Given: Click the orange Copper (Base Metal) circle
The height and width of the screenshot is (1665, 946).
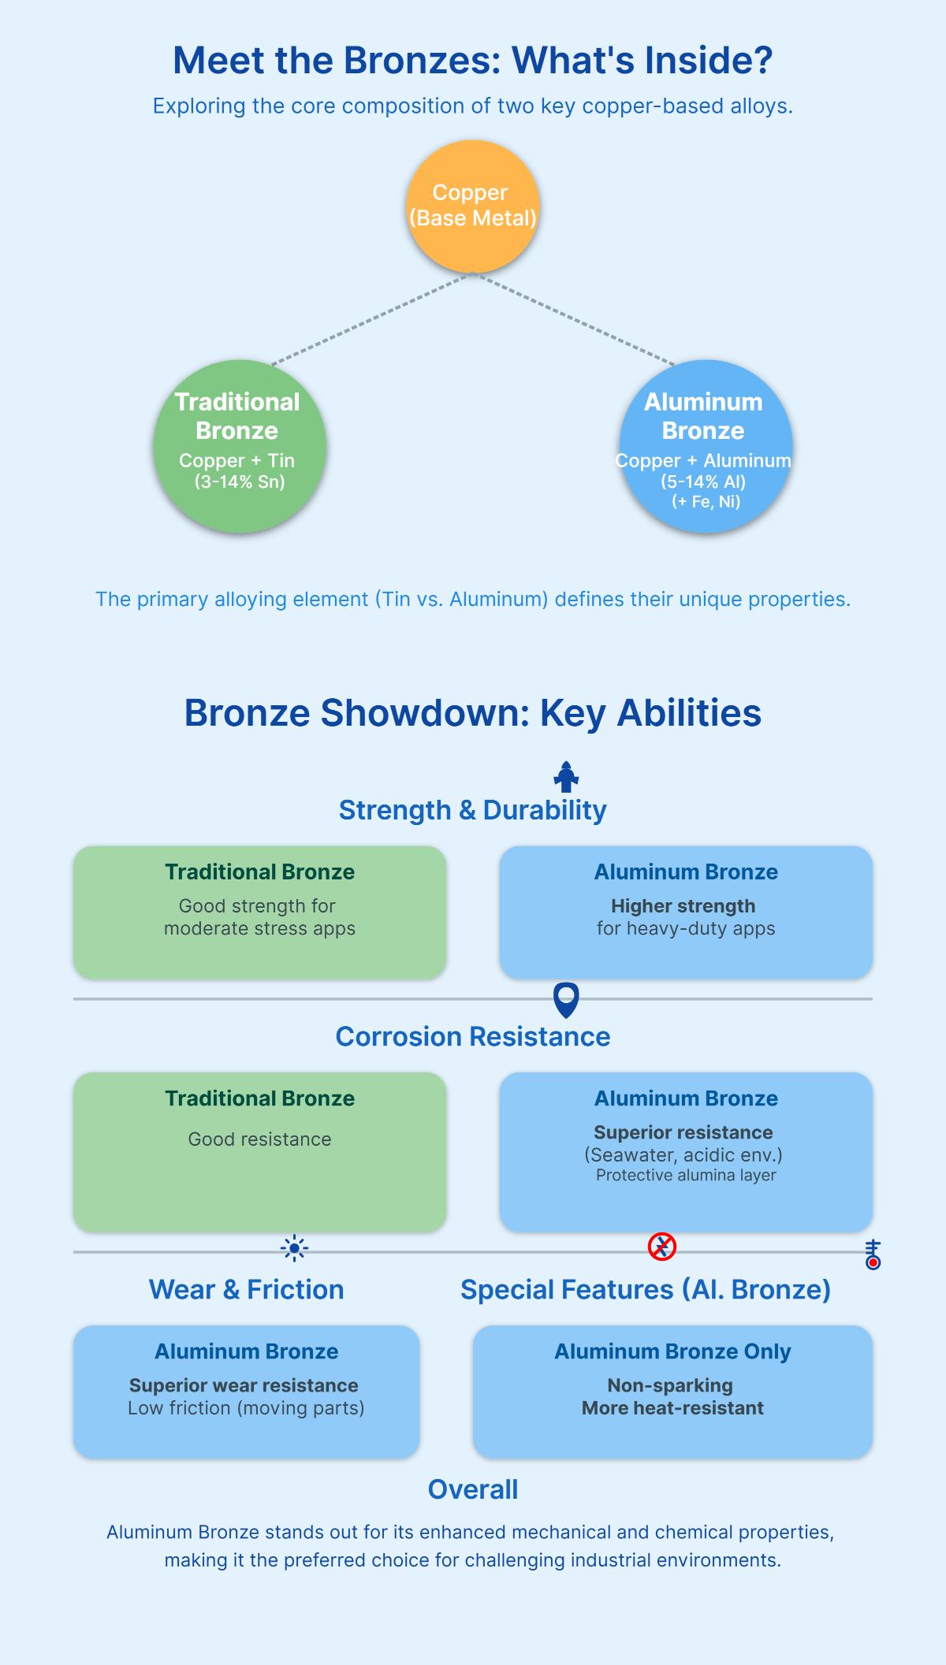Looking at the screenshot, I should coord(472,206).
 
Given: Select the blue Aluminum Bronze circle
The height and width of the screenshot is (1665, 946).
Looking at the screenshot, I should coord(706,446).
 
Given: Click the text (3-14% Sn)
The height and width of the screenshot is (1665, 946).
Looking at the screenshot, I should coord(240,481).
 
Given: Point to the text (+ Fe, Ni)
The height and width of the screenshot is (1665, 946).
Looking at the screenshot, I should coord(706,501).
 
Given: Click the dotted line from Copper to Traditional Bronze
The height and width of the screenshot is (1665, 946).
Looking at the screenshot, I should coord(371,319).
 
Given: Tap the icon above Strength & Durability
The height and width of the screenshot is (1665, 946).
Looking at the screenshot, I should coord(566,777).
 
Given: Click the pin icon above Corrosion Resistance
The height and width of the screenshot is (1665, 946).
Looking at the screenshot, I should coord(566,1000).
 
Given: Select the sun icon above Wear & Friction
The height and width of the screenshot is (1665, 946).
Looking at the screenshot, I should coord(294,1248).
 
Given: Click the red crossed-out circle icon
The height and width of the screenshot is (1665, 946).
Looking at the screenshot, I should coord(662,1247).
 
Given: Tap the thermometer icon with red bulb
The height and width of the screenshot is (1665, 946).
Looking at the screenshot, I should coord(872,1254).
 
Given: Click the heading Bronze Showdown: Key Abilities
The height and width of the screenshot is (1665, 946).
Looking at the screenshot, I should coord(472,713).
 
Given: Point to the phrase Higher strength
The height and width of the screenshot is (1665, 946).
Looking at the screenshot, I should coord(683,905).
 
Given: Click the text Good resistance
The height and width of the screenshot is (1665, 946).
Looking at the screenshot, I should coord(259,1139).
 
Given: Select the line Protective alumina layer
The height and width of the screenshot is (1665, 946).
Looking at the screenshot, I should coord(686,1175).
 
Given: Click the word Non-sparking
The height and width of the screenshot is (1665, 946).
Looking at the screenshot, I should coord(670,1385).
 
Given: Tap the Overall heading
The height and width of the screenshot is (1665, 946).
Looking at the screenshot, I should coord(472,1489).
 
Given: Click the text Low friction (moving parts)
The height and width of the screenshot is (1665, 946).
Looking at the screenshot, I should coord(246,1407).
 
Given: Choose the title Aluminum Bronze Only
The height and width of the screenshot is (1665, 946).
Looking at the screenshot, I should coord(672,1351).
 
